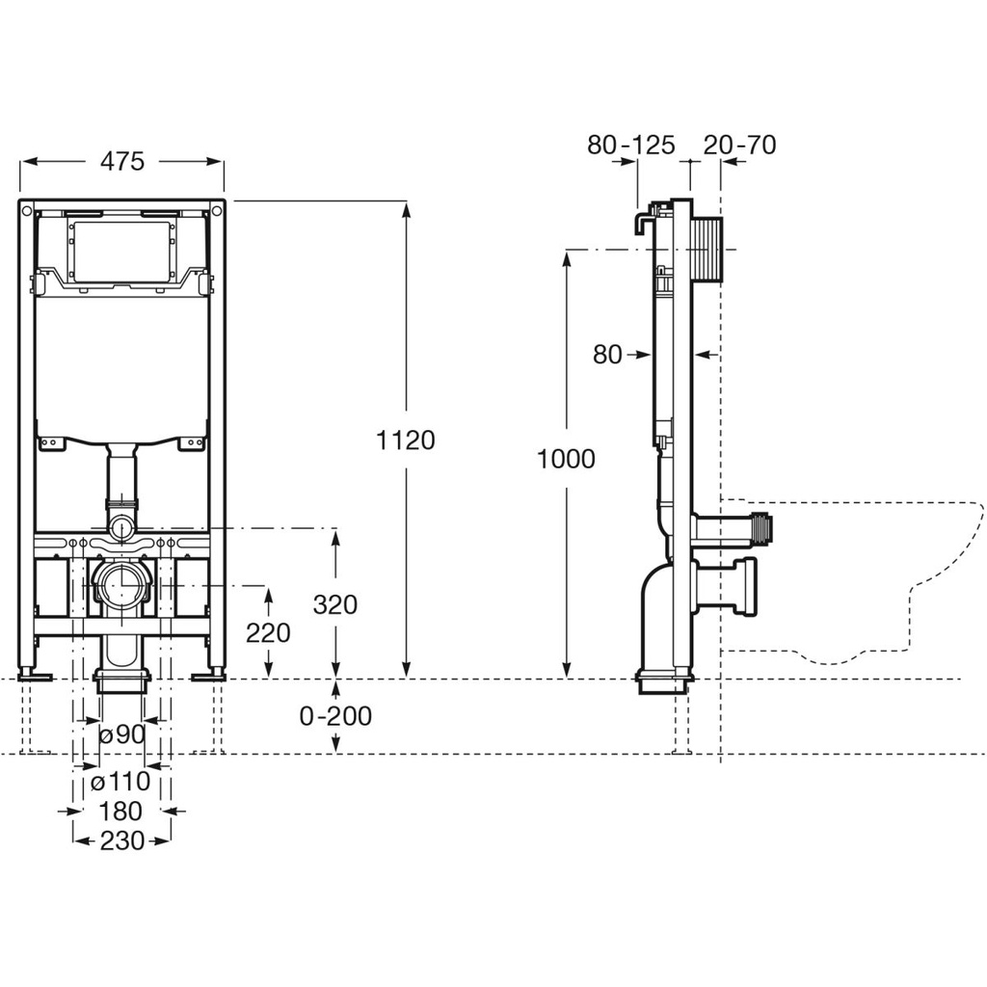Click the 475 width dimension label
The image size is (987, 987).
[x=122, y=161]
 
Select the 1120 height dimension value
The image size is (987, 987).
[x=406, y=440]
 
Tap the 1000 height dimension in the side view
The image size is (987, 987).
[x=566, y=459]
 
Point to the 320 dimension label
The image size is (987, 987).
[x=335, y=604]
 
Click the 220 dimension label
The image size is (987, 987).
[x=268, y=632]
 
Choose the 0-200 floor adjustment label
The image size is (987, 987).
[x=335, y=716]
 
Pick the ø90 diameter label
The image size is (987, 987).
[x=122, y=734]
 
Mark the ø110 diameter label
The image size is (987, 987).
[x=120, y=781]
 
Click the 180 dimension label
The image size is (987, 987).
[x=120, y=812]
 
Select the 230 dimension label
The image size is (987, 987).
[x=122, y=840]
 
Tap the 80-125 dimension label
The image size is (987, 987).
[x=630, y=145]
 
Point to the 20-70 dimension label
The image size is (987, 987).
[x=739, y=145]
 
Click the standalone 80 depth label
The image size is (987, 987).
[x=607, y=355]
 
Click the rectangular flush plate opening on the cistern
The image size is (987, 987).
[x=120, y=251]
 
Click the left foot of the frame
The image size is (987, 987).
[x=36, y=676]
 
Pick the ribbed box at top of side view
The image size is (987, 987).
[x=707, y=250]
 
